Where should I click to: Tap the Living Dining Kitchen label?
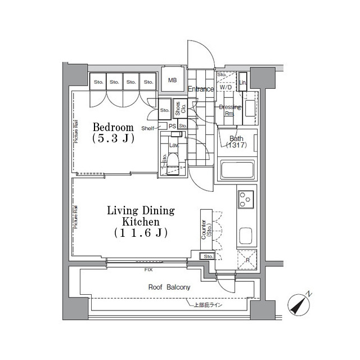tap(141, 220)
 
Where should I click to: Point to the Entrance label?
tap(200, 89)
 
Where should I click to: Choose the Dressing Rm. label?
tap(229, 110)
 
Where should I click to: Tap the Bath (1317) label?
tap(236, 142)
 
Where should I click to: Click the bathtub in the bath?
tap(237, 170)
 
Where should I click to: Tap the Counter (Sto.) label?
tap(206, 228)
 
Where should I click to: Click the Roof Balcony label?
tap(169, 287)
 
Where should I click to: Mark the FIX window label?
tap(148, 270)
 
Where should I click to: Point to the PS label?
tap(172, 127)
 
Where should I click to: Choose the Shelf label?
tap(147, 128)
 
